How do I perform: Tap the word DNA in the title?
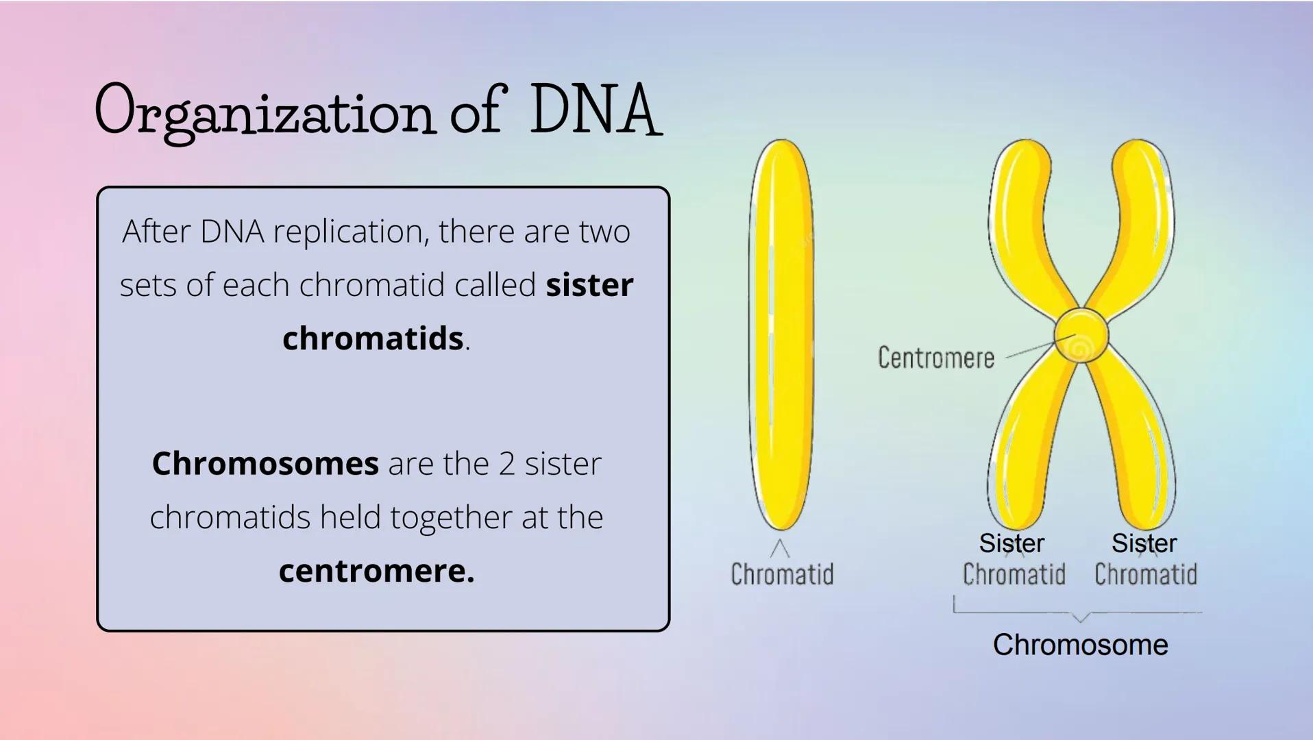click(x=595, y=110)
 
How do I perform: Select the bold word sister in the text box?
click(x=589, y=285)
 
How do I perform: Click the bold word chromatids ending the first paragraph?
click(x=373, y=338)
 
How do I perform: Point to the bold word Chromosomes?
click(x=265, y=464)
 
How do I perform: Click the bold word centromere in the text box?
click(x=376, y=571)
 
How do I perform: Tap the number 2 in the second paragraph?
click(x=506, y=464)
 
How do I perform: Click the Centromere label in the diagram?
click(x=935, y=358)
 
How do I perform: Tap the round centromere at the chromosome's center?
click(x=1081, y=336)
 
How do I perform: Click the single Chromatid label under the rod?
click(x=782, y=574)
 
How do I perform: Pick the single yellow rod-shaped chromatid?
click(x=781, y=336)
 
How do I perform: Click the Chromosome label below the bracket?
click(x=1080, y=645)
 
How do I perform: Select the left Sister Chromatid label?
click(x=1013, y=559)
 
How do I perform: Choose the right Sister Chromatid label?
click(x=1145, y=559)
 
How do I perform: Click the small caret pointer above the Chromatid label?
click(x=780, y=548)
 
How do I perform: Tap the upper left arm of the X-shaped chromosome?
click(x=1024, y=219)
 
